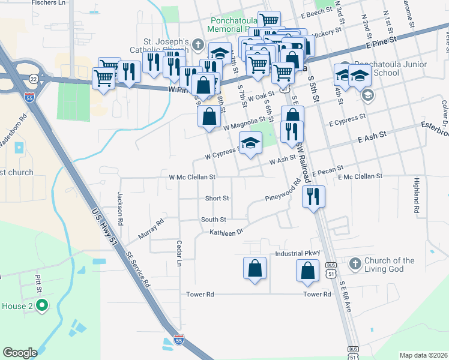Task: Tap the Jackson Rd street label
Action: (x=120, y=208)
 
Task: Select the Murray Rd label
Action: (x=151, y=229)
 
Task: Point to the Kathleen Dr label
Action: (x=226, y=232)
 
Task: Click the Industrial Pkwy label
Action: (x=298, y=254)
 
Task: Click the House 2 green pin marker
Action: (x=41, y=306)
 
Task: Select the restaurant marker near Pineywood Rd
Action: (x=313, y=196)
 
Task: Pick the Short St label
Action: (x=217, y=198)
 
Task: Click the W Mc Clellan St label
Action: (x=192, y=178)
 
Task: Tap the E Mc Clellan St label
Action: (x=360, y=176)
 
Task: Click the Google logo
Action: (x=20, y=353)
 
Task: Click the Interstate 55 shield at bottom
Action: (x=179, y=340)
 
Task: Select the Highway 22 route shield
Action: (x=32, y=78)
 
